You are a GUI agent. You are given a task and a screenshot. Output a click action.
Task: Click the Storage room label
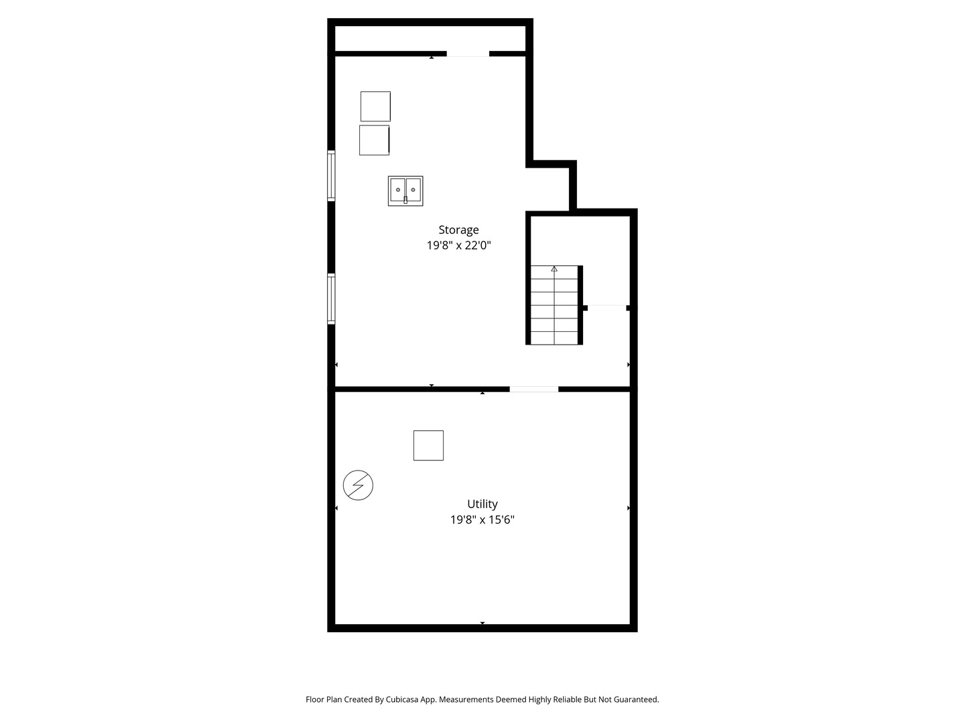(458, 230)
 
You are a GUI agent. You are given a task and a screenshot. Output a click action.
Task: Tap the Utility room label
(482, 503)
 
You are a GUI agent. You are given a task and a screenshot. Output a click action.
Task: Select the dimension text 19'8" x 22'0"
(458, 245)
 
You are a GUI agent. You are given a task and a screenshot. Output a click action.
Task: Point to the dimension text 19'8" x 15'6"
(482, 520)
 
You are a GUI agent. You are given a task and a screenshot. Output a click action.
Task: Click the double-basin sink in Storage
(405, 191)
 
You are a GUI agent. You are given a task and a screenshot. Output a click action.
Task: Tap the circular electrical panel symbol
(358, 485)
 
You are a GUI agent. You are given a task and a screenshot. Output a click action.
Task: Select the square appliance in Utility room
(428, 445)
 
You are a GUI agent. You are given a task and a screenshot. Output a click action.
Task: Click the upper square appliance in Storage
(375, 107)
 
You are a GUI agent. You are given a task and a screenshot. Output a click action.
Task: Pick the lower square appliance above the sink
(374, 140)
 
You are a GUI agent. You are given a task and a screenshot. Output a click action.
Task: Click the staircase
(554, 305)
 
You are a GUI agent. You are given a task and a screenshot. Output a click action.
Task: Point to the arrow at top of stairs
(554, 269)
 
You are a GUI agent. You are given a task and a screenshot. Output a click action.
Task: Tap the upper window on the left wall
(331, 176)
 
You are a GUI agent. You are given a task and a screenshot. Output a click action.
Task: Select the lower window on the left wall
(331, 299)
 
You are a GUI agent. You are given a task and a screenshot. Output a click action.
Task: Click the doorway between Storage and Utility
(533, 389)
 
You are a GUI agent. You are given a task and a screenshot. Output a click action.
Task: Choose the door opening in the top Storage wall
(468, 54)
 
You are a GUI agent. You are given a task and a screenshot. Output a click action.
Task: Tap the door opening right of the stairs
(606, 307)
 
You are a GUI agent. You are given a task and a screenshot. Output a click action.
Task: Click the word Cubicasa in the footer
(402, 699)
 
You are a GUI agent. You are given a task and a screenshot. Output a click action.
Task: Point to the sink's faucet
(405, 200)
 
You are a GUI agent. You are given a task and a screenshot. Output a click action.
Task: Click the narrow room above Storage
(430, 39)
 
